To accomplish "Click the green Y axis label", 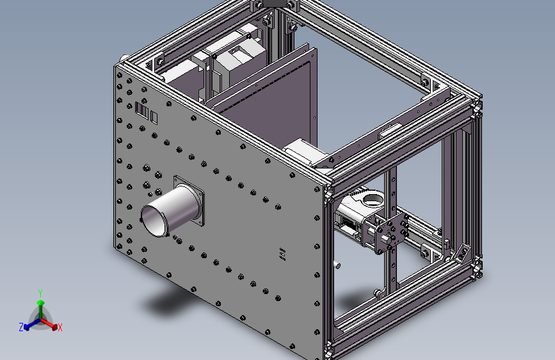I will tap(40, 293).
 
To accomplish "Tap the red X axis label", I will tap(60, 328).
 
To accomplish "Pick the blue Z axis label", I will tap(21, 327).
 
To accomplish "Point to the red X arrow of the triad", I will tap(52, 325).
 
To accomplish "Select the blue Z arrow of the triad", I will tap(29, 325).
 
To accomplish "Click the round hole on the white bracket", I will tap(371, 199).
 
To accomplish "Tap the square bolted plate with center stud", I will tap(390, 230).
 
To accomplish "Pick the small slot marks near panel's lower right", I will tap(282, 254).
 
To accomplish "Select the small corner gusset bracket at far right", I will tap(462, 252).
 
